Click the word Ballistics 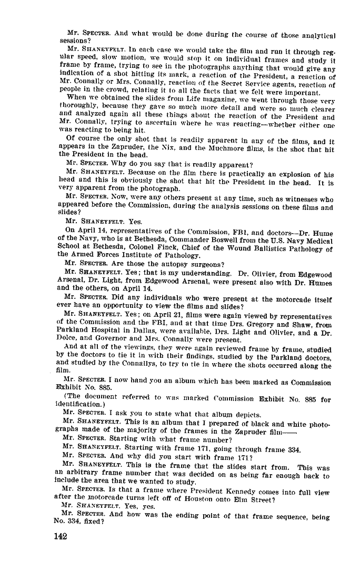(x=257, y=248)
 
